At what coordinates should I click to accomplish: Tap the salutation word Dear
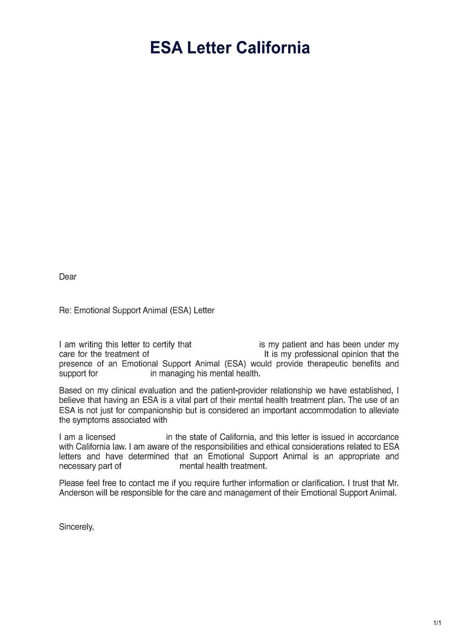[68, 277]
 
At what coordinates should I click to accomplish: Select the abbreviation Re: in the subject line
[65, 311]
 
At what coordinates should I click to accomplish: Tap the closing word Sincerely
[76, 527]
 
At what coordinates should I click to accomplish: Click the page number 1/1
[437, 623]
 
